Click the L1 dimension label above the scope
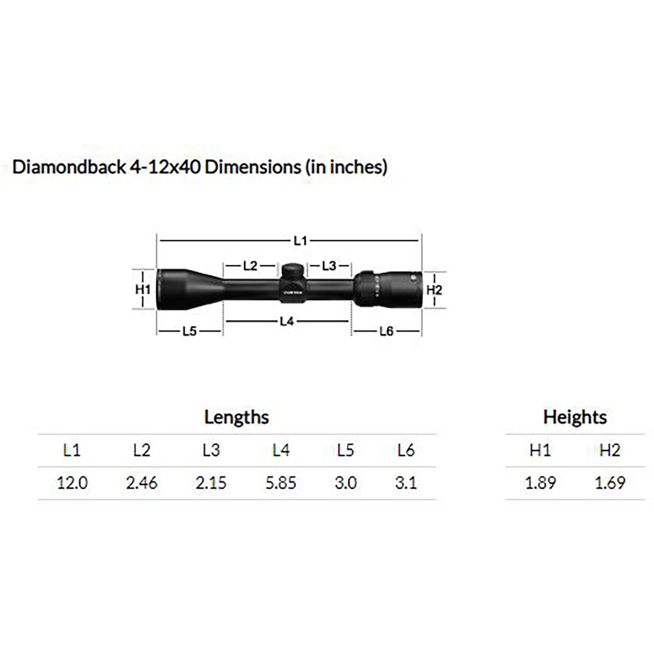300,241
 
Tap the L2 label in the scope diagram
250,266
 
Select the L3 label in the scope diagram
329,266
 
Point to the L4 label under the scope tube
287,321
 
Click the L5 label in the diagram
190,331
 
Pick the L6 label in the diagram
386,331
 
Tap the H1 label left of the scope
143,289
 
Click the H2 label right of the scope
434,290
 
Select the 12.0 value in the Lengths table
72,483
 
